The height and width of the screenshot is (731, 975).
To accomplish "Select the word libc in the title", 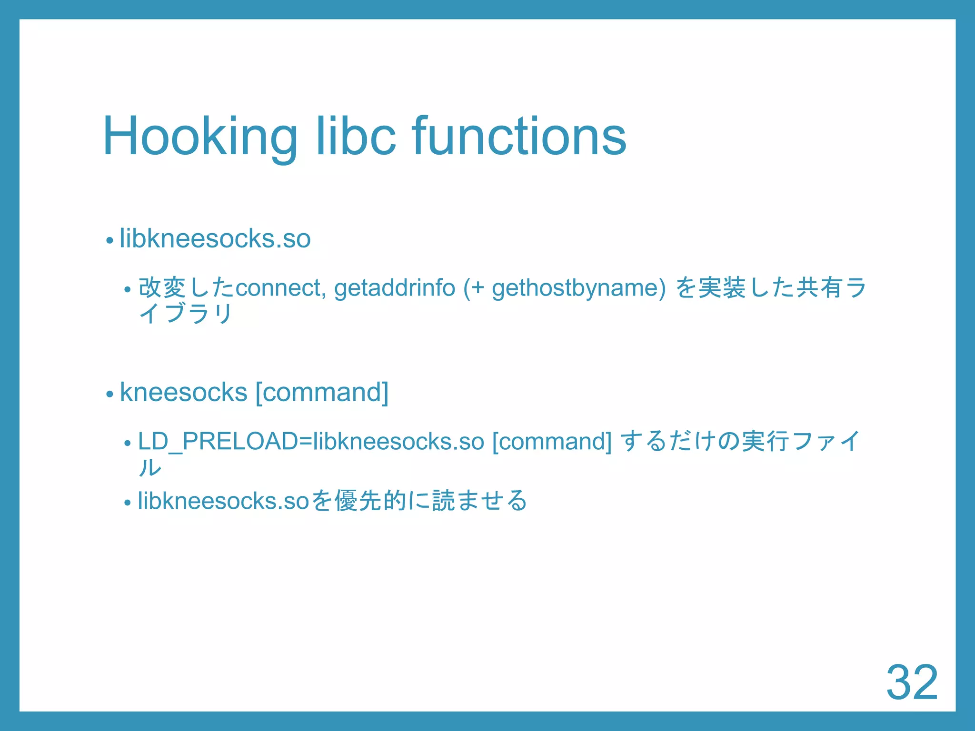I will (356, 137).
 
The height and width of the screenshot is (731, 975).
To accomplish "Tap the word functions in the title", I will (519, 137).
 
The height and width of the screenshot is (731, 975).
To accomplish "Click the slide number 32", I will (912, 682).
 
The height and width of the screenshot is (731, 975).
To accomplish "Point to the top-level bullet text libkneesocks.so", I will (215, 238).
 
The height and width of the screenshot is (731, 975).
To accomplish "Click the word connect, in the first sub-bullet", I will (281, 288).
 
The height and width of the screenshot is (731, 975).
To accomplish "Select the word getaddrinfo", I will (395, 288).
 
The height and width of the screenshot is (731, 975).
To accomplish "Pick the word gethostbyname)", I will (578, 288).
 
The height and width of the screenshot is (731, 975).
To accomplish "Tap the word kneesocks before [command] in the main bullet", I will (184, 393).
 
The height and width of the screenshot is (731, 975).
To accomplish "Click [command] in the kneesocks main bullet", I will (322, 393).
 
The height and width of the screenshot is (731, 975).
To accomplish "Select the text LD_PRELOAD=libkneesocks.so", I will (311, 442).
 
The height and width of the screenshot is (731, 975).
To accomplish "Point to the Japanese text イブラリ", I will (186, 314).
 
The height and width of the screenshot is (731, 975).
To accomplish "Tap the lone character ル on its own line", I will (150, 467).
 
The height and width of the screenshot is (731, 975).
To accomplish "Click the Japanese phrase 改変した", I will (186, 288).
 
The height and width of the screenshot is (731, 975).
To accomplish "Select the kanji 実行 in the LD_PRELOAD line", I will (766, 442).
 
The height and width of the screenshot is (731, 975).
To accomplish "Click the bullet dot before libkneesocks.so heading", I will (110, 240).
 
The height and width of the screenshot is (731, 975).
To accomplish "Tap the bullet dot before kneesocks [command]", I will (110, 395).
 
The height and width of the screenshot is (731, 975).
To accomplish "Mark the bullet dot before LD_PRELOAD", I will (127, 444).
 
